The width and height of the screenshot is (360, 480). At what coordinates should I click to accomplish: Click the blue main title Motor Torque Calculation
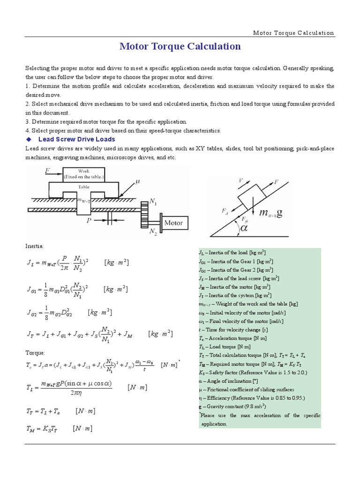coord(180,46)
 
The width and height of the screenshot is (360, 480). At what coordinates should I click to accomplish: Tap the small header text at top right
coord(293,33)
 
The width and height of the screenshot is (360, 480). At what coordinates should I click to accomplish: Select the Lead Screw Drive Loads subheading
coord(76,139)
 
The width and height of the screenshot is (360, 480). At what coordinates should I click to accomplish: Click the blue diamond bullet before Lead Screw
coord(29,139)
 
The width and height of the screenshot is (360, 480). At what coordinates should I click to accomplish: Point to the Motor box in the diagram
coord(173,223)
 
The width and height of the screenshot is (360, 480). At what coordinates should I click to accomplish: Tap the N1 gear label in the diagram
coord(153,201)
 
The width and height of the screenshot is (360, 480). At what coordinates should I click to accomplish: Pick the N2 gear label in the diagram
coord(153,232)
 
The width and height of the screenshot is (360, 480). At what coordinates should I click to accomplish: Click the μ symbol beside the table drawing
coord(137,180)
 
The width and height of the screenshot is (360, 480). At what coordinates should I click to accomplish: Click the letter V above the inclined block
coord(241,180)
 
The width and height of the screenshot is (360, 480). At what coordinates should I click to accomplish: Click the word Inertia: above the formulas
coord(34,246)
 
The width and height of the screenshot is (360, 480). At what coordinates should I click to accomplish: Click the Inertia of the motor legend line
coord(234,287)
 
